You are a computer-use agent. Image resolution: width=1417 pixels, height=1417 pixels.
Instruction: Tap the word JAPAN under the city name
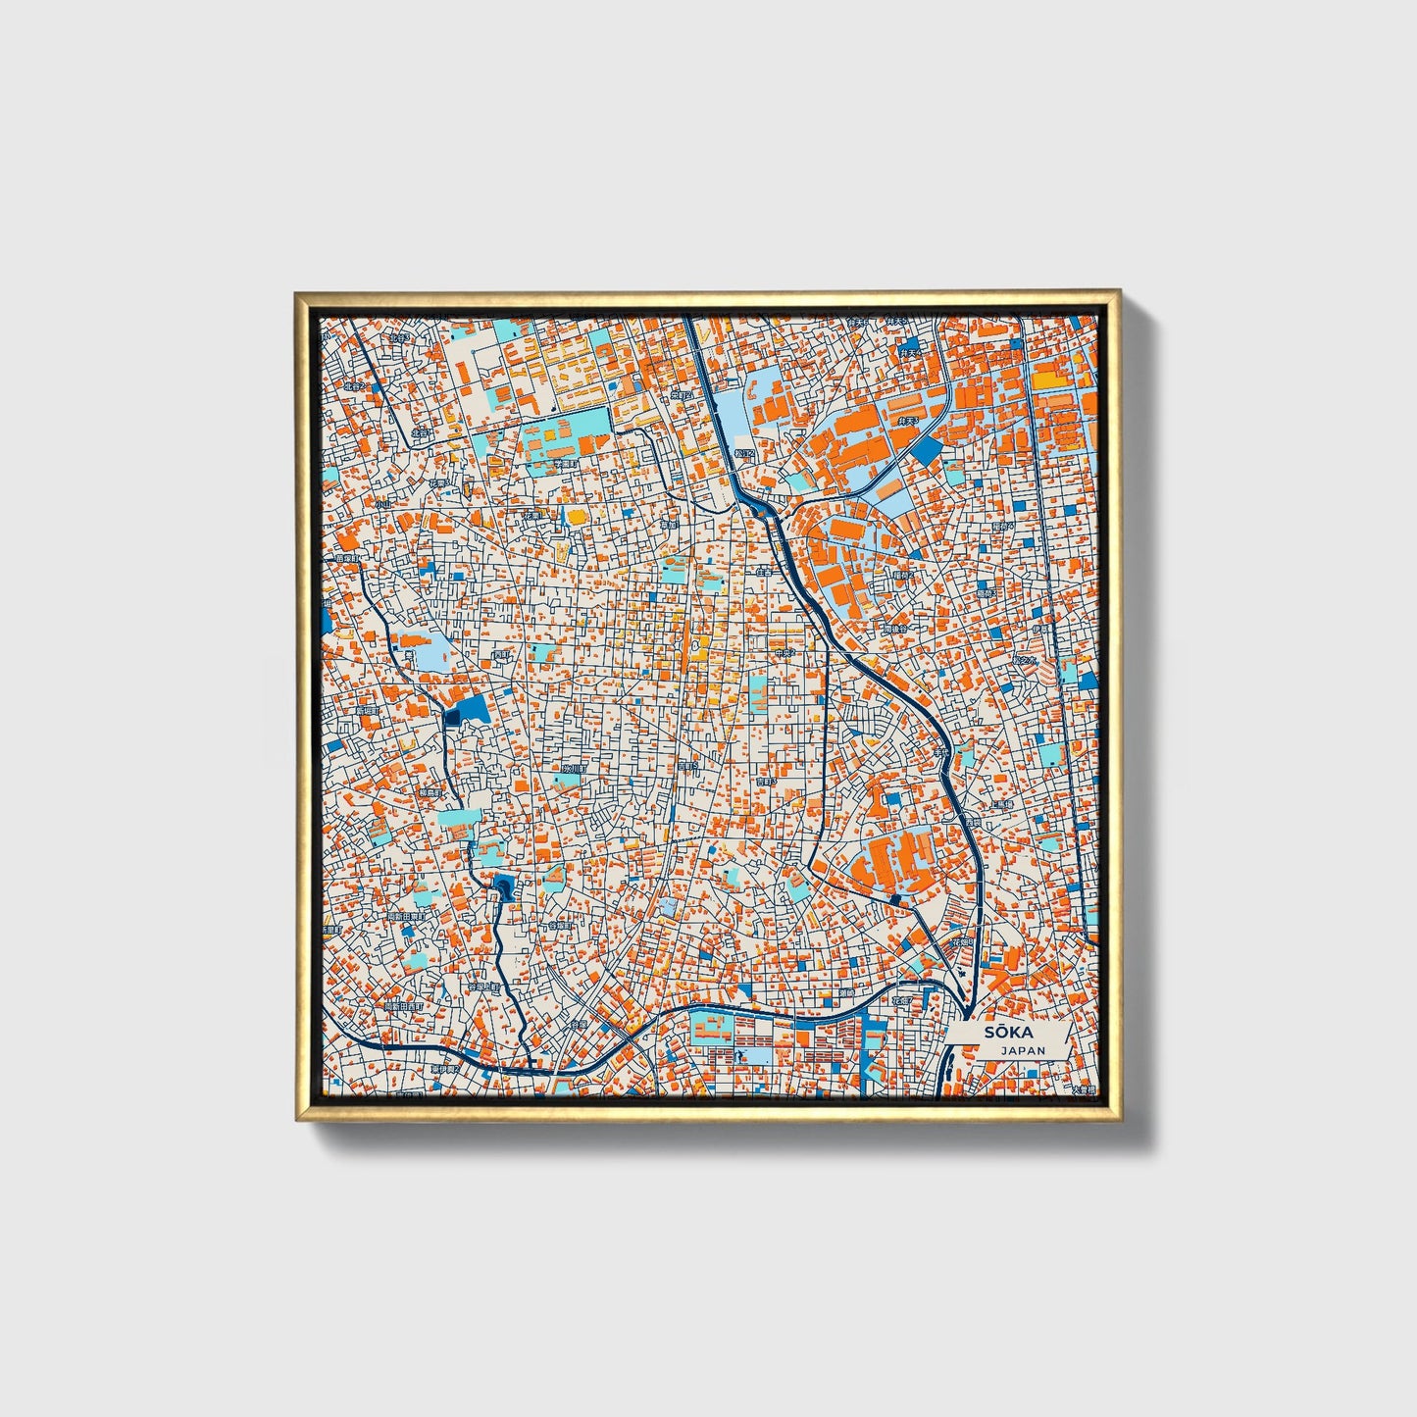[x=1023, y=1050]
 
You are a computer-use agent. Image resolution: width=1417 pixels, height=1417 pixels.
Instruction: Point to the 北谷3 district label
[x=400, y=338]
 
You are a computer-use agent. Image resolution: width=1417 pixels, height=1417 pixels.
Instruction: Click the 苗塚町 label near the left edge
[x=346, y=558]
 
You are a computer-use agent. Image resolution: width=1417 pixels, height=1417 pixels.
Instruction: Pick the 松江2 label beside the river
[x=744, y=453]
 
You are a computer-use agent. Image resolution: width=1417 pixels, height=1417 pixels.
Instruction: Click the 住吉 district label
[x=764, y=572]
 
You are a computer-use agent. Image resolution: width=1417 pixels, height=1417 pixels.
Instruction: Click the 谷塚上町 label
[x=484, y=987]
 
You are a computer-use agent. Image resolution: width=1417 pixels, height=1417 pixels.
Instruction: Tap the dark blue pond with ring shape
[x=504, y=887]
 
